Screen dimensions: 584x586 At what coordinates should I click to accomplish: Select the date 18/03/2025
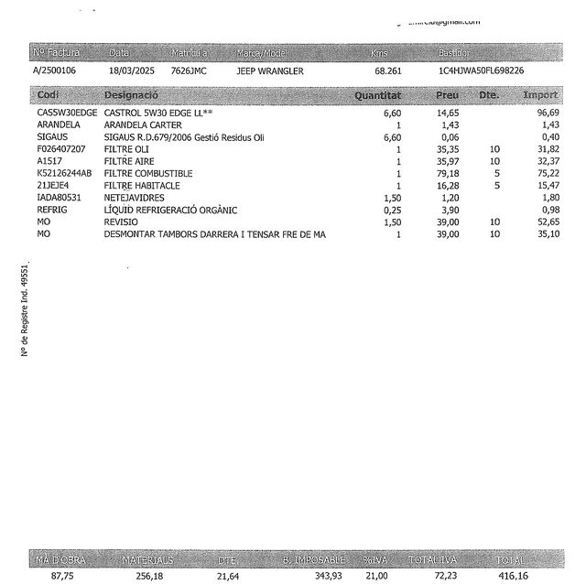[x=132, y=70]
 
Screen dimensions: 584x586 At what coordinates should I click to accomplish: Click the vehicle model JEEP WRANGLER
[x=270, y=70]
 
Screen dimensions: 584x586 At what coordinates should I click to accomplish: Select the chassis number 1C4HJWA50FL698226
[x=483, y=70]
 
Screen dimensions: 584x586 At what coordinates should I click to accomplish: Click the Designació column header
[x=132, y=95]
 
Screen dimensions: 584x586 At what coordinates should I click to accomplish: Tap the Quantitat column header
[x=377, y=95]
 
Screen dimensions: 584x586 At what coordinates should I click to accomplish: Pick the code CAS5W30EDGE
[x=67, y=113]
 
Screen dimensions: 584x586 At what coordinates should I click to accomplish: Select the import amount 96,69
[x=547, y=113]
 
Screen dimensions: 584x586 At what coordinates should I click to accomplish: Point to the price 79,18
[x=447, y=173]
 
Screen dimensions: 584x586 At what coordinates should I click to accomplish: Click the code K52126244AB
[x=65, y=173]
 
